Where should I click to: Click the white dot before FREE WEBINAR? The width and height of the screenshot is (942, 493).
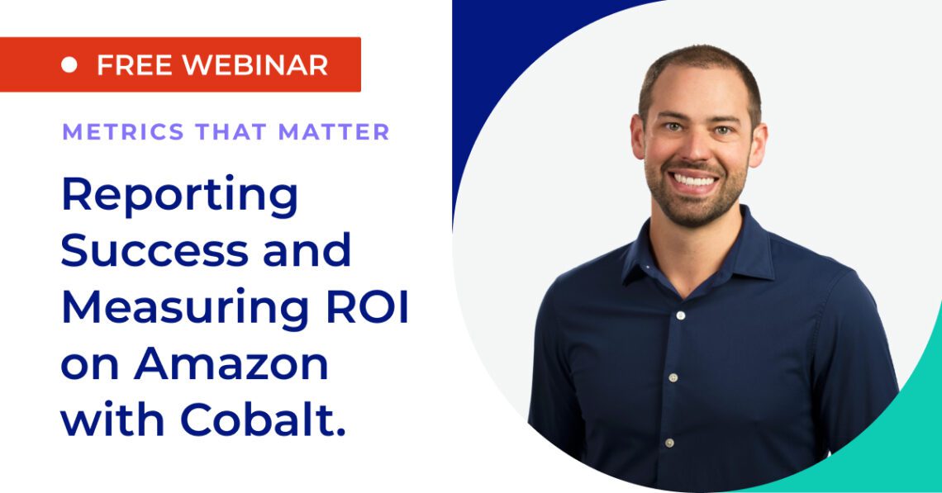click(69, 64)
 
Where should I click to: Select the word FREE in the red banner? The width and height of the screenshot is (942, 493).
click(132, 64)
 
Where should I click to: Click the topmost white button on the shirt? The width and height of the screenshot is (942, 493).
click(680, 315)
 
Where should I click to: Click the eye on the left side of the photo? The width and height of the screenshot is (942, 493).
click(670, 127)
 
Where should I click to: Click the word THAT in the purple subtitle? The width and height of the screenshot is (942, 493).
click(222, 132)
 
